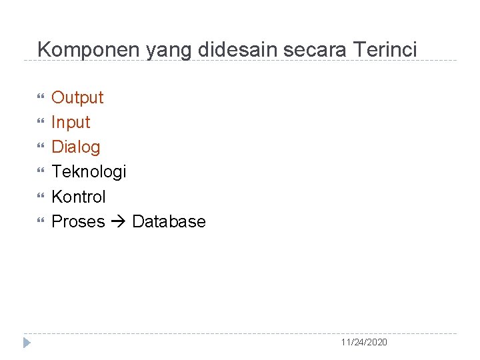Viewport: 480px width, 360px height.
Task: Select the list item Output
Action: pos(77,98)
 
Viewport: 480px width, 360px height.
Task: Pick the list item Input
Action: pos(71,123)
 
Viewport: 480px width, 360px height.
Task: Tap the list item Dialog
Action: pos(76,147)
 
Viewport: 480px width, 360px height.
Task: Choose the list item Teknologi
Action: pos(89,172)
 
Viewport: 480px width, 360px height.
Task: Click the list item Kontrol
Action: pos(79,197)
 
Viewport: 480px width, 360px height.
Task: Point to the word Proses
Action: pos(78,221)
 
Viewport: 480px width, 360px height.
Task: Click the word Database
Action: pos(169,221)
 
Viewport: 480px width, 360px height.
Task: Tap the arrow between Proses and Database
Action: pos(119,222)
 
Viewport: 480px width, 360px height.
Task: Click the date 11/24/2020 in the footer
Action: pos(363,342)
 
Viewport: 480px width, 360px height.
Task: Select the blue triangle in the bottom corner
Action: pos(27,343)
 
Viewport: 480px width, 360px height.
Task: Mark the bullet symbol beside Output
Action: pos(41,98)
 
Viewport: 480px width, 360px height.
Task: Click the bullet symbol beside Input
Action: pos(41,123)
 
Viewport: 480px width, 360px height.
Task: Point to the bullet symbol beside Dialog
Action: pos(41,147)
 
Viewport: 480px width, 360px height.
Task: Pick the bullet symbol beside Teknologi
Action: pos(41,172)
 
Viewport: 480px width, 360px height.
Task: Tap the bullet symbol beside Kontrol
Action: pos(41,197)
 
